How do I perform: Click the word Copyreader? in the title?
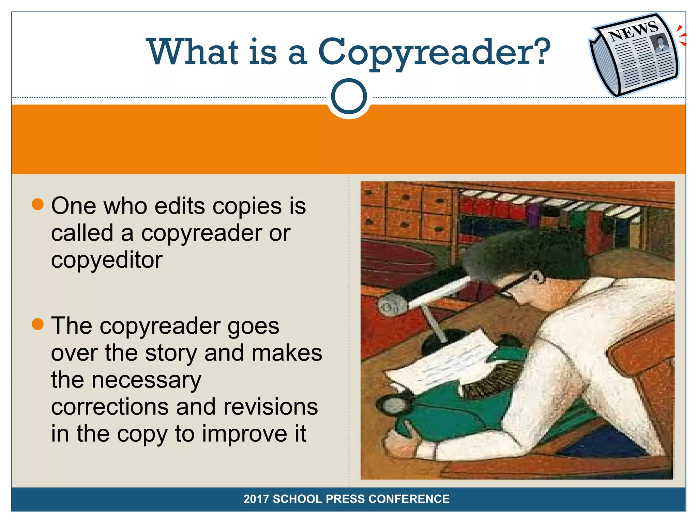click(434, 52)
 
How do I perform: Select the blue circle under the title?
click(349, 96)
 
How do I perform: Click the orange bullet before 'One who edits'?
click(37, 204)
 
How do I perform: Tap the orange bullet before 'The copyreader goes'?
click(37, 324)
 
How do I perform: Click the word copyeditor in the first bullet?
click(107, 260)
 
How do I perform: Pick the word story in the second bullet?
click(171, 353)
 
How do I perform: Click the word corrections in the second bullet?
click(110, 407)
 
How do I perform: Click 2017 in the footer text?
click(256, 499)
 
